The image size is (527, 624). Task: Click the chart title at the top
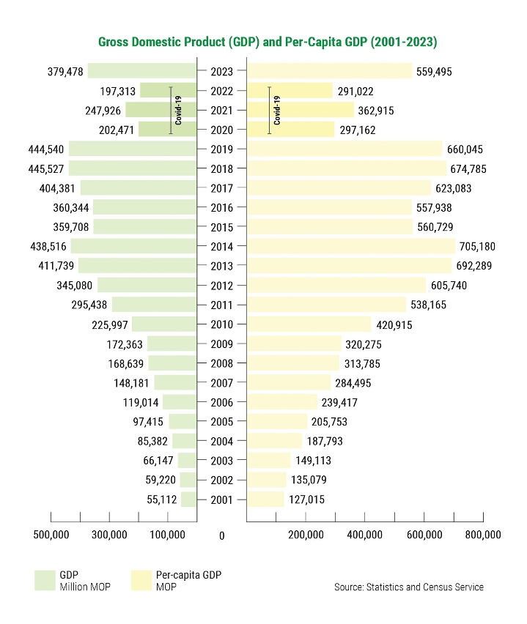[268, 42]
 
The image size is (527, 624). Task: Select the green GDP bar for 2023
[142, 71]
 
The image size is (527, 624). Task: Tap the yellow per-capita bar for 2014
[351, 247]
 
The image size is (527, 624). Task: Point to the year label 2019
[221, 149]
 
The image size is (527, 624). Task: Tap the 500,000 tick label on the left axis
[51, 535]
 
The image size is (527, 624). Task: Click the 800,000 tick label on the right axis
[482, 535]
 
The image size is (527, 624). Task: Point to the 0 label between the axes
[221, 535]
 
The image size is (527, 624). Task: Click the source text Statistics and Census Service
[409, 587]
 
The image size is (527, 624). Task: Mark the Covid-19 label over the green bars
[178, 111]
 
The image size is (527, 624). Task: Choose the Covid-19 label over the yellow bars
[277, 111]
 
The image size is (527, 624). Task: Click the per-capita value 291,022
[357, 91]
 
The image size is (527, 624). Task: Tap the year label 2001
[221, 499]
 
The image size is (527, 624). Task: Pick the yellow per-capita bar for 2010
[309, 324]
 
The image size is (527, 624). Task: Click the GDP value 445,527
[45, 168]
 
